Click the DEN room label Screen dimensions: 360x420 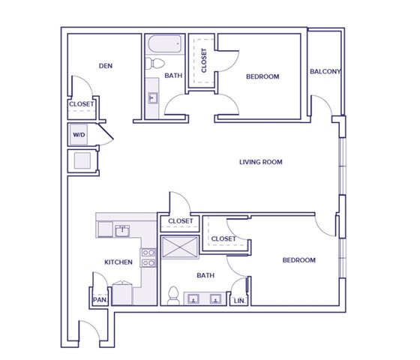105,65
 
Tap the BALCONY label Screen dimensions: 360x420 325,72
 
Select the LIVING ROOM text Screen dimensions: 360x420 260,162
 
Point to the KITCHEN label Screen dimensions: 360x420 118,262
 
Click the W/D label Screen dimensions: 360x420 79,136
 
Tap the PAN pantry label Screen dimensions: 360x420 99,299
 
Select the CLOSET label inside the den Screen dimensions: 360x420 81,105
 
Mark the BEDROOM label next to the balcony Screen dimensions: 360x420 262,76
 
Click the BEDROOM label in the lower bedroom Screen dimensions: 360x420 298,260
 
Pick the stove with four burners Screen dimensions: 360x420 148,258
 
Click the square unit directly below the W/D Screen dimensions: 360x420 80,160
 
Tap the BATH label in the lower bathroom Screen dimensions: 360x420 205,276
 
